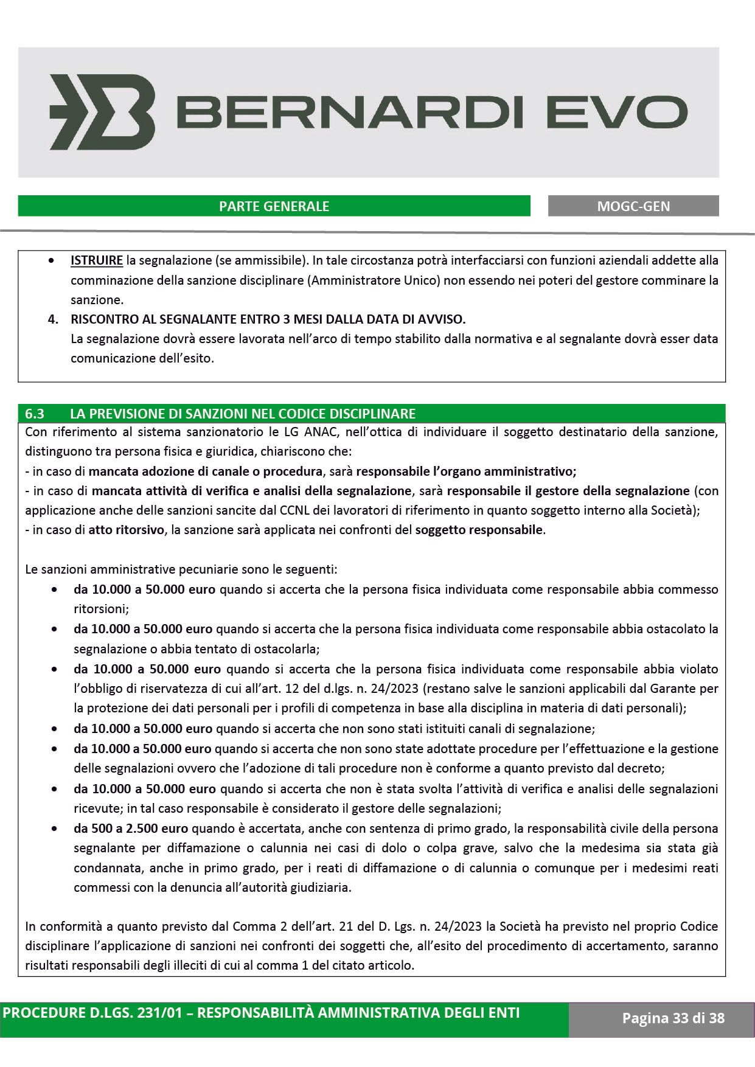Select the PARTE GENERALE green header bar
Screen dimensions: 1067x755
(x=274, y=206)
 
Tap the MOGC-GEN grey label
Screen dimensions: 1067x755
(x=633, y=206)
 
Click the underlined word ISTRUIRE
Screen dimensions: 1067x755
(x=97, y=261)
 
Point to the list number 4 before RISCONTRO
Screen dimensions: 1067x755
(x=53, y=319)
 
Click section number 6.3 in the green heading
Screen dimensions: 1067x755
(x=35, y=414)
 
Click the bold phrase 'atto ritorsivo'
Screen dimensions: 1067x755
(x=127, y=530)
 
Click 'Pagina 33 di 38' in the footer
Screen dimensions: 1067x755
(x=673, y=1018)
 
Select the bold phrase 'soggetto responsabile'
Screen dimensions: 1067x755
(x=479, y=530)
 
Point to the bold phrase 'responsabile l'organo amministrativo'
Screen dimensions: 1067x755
(x=466, y=471)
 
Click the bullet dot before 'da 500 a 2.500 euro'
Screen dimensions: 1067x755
(x=55, y=829)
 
